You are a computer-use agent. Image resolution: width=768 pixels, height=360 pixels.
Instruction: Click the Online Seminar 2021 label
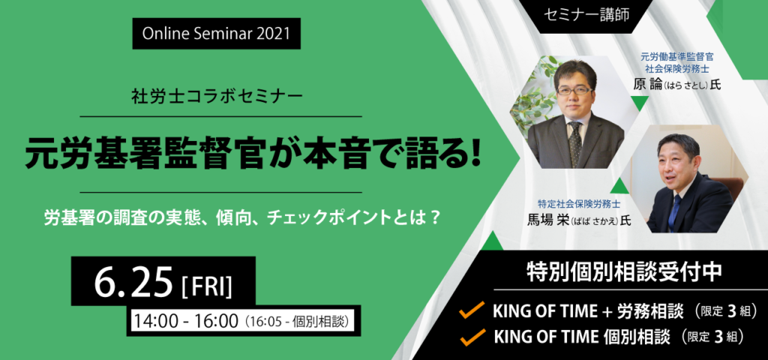pos(216,33)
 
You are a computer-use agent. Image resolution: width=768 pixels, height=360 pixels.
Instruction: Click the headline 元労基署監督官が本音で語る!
pos(253,152)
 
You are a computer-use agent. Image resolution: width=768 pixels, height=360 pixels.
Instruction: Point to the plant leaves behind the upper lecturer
pos(532,94)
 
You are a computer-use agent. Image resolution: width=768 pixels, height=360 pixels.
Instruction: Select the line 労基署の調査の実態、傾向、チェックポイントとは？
pos(241,218)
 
